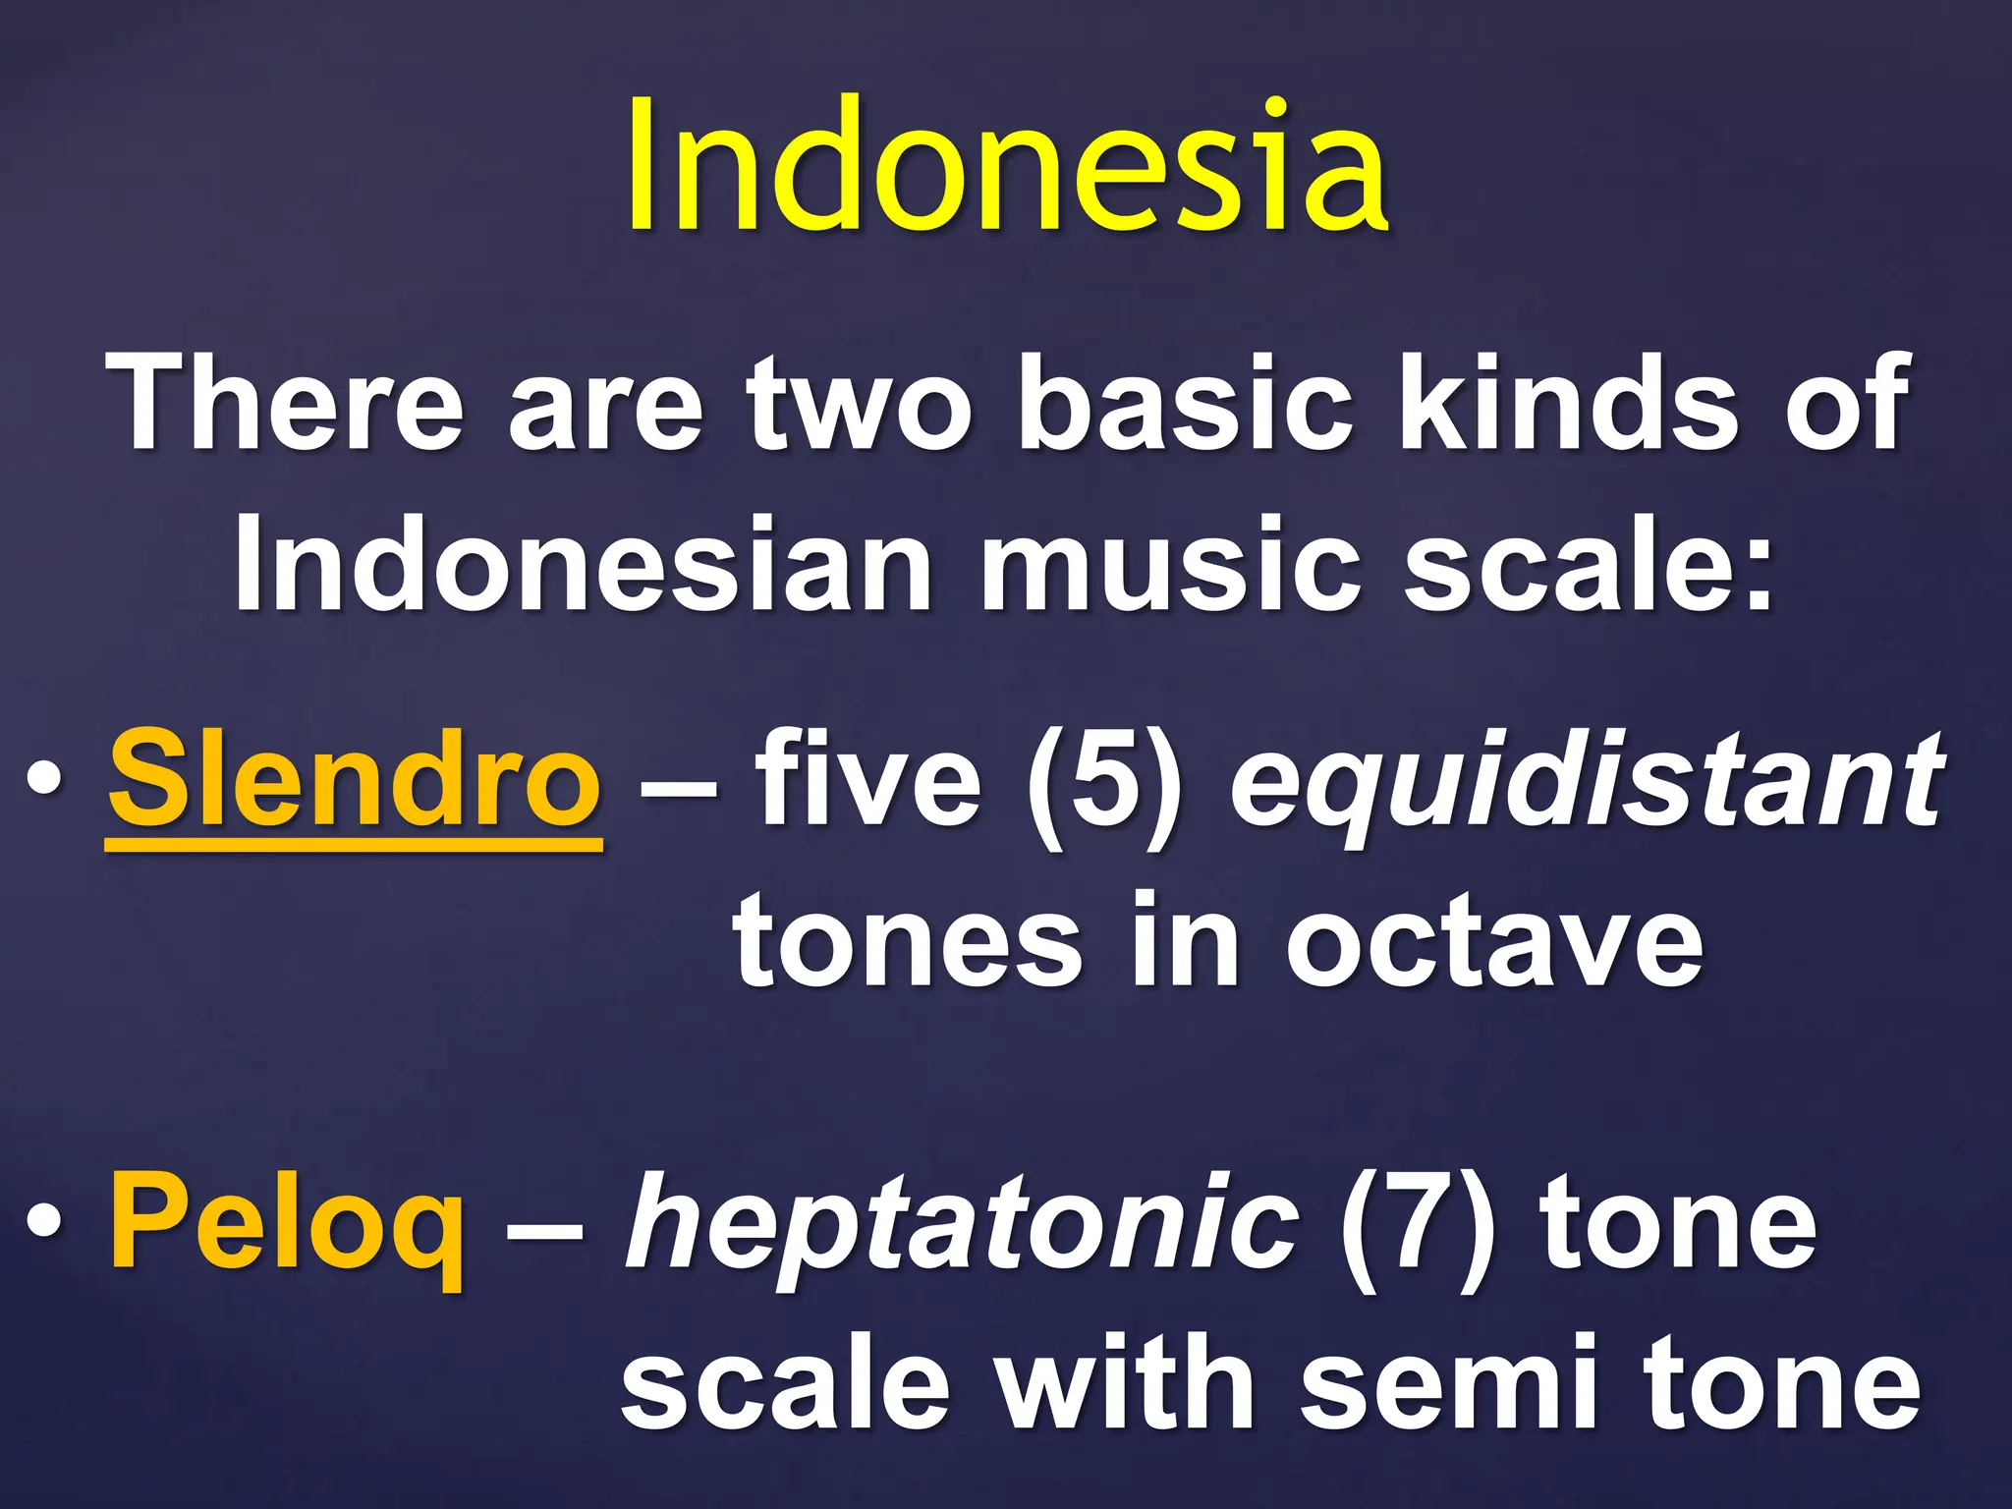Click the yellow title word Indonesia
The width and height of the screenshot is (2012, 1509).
[x=1008, y=167]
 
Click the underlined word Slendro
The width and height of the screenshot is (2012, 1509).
[x=354, y=781]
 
